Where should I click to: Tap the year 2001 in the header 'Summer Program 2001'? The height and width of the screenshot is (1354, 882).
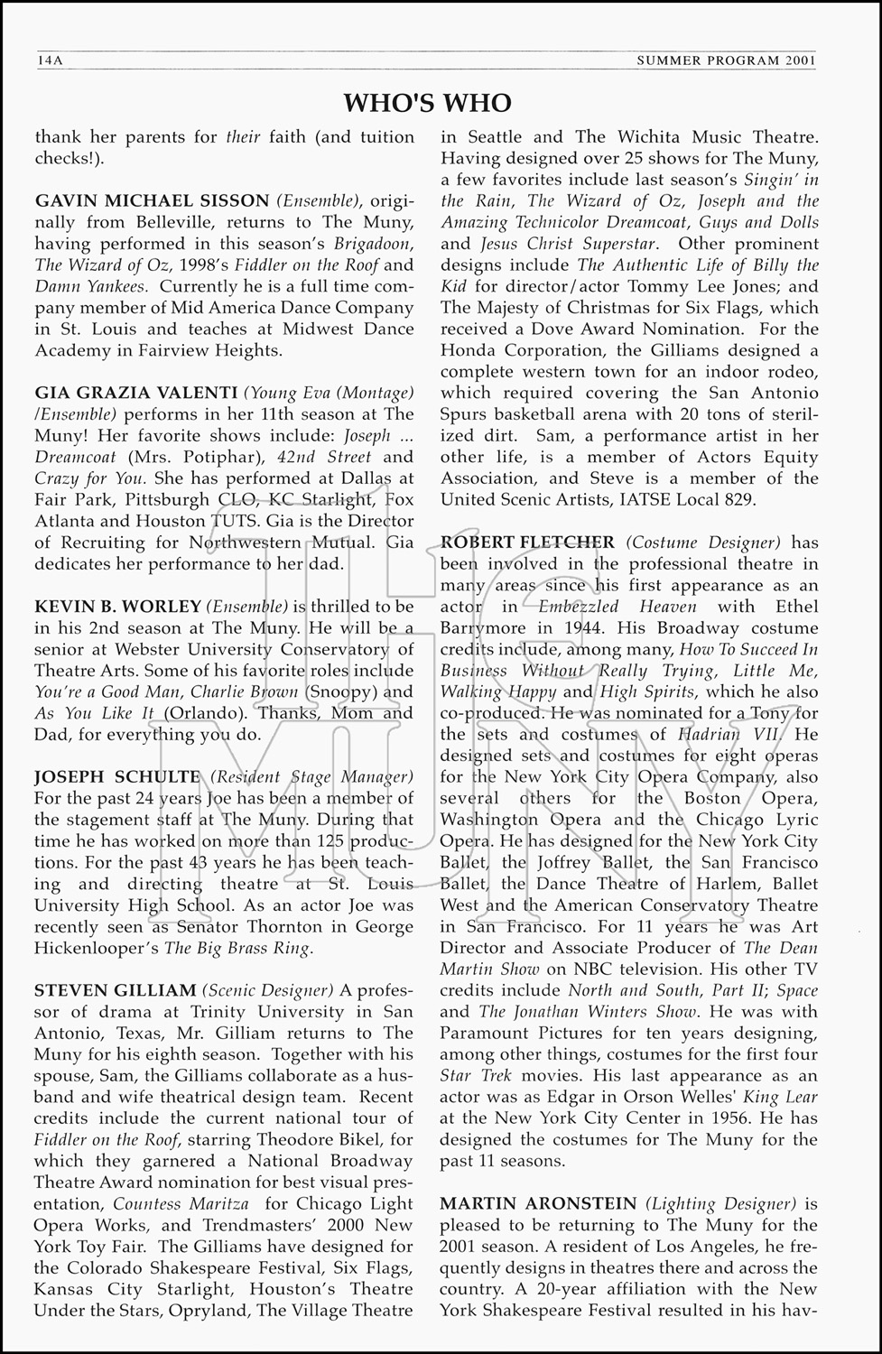tap(800, 60)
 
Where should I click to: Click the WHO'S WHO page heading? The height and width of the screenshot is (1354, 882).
tap(427, 103)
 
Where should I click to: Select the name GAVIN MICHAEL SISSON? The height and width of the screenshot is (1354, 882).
tap(152, 201)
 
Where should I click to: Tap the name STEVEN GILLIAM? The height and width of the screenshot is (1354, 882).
tap(115, 991)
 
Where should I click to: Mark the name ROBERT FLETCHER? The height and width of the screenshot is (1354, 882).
tap(527, 543)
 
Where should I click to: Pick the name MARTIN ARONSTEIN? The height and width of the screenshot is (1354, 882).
tap(537, 1204)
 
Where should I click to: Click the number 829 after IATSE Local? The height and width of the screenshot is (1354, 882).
tap(742, 500)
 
